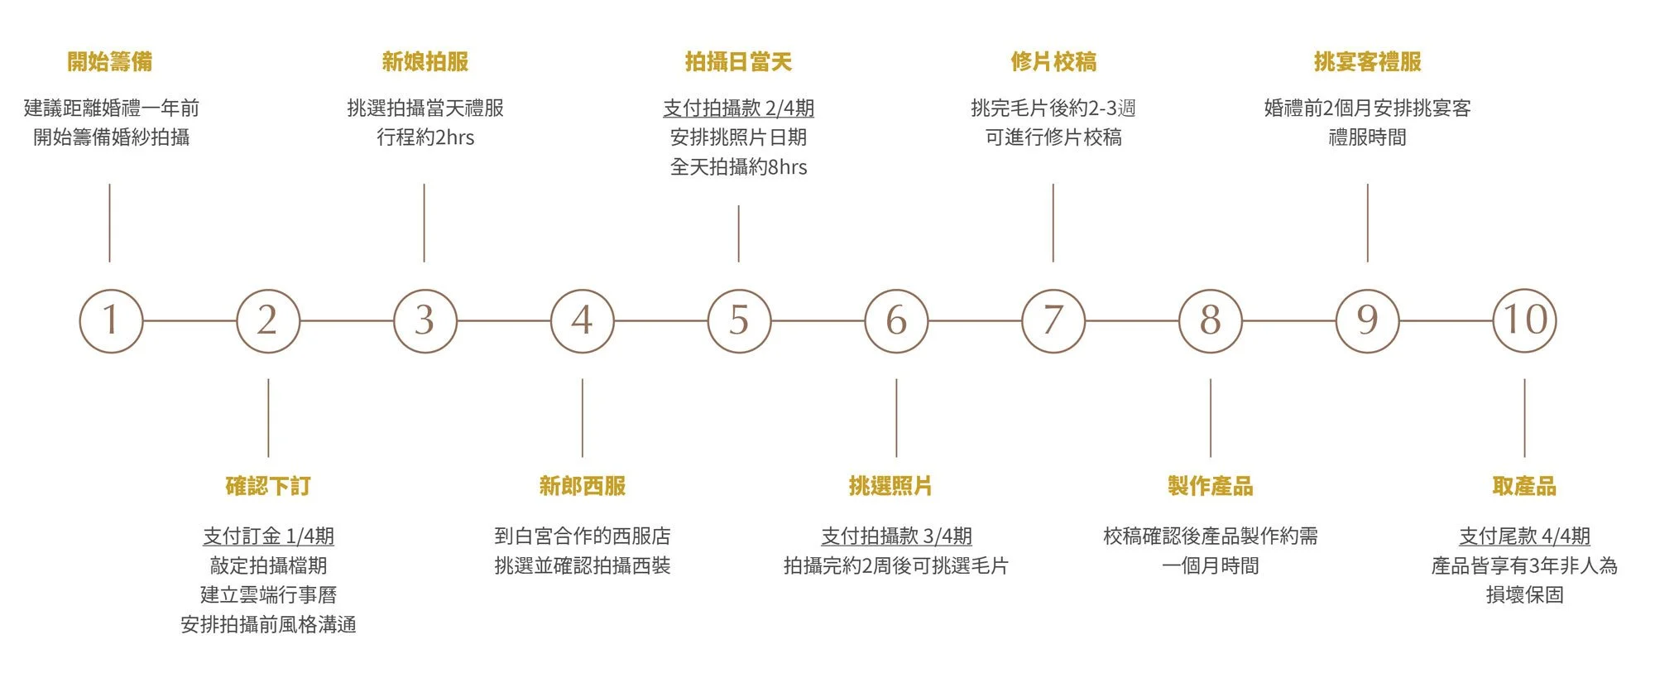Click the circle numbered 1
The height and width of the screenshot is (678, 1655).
(x=110, y=320)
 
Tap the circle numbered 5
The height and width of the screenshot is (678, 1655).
(x=739, y=320)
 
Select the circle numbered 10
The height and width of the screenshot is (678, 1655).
(x=1524, y=320)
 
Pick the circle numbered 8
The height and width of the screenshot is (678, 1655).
(x=1210, y=320)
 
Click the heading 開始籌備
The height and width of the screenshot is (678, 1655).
(x=110, y=61)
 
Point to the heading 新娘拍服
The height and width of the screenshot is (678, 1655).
(x=425, y=61)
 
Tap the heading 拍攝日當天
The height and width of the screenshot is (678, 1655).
(x=738, y=61)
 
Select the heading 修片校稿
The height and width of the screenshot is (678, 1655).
(x=1053, y=61)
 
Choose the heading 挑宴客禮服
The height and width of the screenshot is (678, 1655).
(x=1367, y=61)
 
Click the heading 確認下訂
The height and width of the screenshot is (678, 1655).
(x=268, y=486)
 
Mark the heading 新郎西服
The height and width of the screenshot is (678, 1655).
(x=582, y=486)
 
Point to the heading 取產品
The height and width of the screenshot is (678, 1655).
(x=1524, y=486)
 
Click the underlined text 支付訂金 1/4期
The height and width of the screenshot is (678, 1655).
(x=268, y=536)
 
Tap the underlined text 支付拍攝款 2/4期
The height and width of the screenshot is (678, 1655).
(x=738, y=108)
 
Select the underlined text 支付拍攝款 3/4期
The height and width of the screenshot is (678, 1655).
(x=896, y=536)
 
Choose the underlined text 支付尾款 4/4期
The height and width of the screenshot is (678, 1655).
(x=1524, y=536)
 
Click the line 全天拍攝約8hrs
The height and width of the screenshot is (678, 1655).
(x=738, y=167)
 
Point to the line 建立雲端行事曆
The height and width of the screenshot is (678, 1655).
(x=268, y=595)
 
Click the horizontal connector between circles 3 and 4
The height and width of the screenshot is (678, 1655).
(x=503, y=320)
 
